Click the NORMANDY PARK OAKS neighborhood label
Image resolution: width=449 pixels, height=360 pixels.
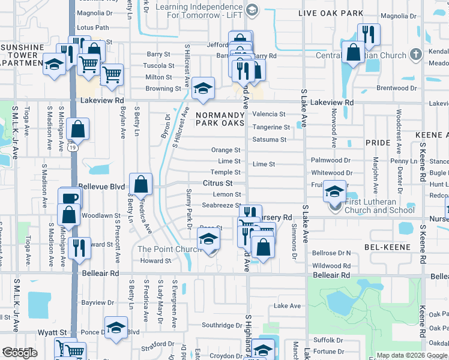pyautogui.click(x=220, y=117)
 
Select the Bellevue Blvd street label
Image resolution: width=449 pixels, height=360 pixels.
pyautogui.click(x=101, y=187)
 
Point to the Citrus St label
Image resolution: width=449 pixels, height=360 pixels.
pyautogui.click(x=217, y=183)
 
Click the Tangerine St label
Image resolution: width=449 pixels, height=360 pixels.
pyautogui.click(x=271, y=127)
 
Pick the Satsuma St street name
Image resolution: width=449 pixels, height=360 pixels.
pyautogui.click(x=269, y=140)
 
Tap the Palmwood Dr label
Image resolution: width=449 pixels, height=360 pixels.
pyautogui.click(x=331, y=160)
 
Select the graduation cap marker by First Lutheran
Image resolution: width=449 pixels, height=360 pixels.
pyautogui.click(x=334, y=191)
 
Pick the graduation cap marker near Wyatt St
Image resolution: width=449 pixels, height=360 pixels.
pyautogui.click(x=116, y=328)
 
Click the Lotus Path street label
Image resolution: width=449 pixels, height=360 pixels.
pyautogui.click(x=93, y=28)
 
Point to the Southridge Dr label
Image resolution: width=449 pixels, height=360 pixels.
pyautogui.click(x=221, y=326)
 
